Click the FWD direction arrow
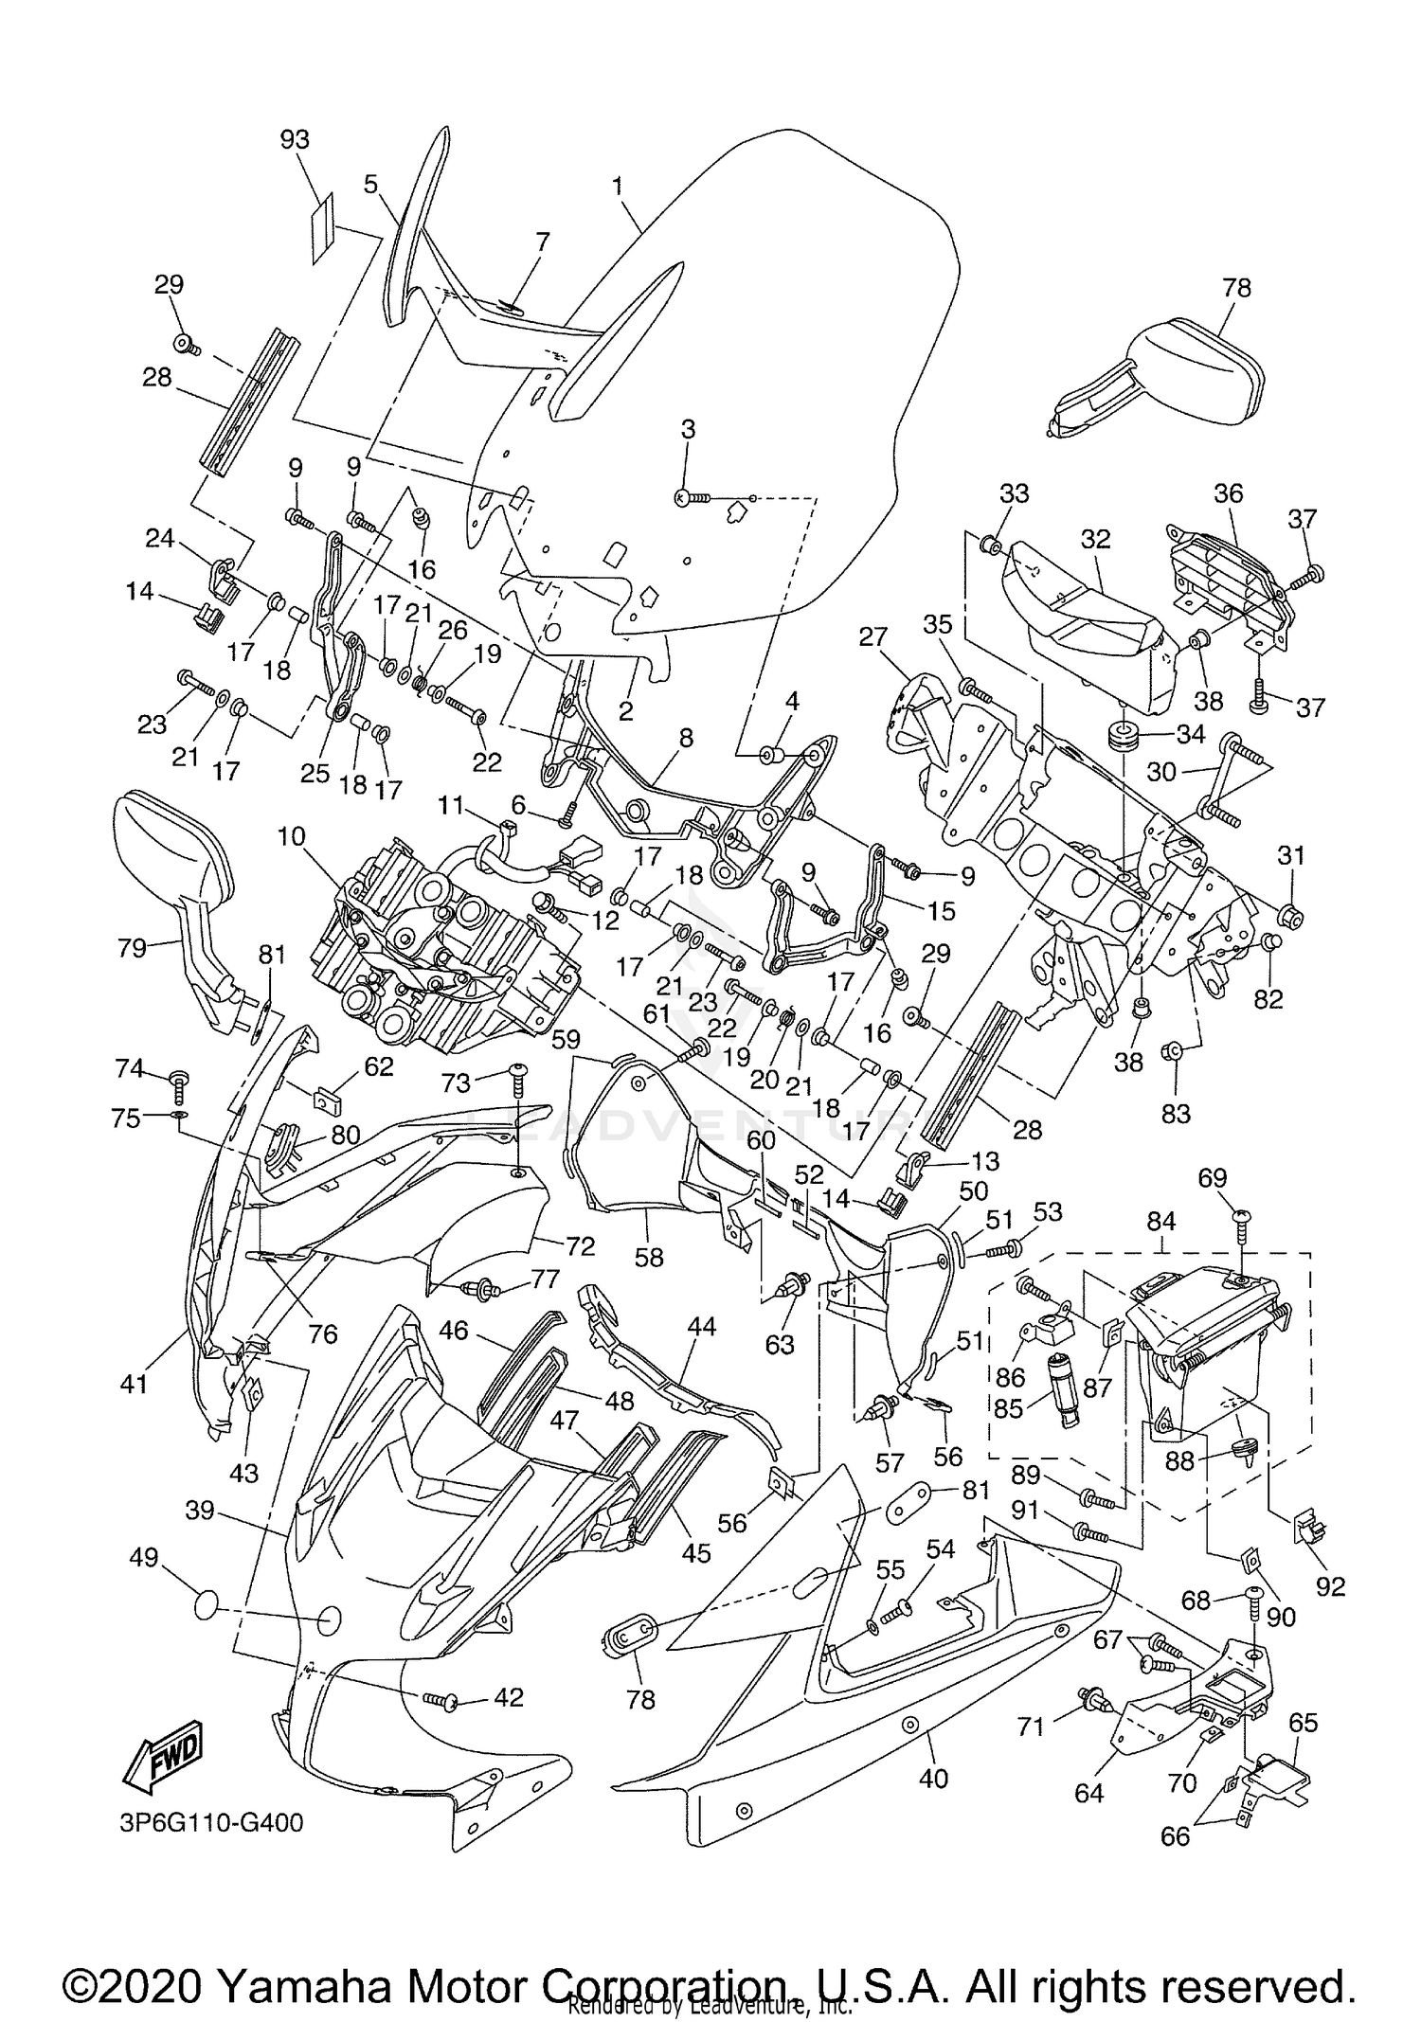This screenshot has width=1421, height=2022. coord(163,1763)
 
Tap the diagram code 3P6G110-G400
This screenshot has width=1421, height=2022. coord(210,1822)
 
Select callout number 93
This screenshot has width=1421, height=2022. coord(295,139)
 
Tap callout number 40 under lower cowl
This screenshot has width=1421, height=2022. coord(933,1779)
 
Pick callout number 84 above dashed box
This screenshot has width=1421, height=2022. coord(1161,1222)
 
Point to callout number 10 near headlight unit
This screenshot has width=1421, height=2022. coord(292,836)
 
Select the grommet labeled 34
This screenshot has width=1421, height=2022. coord(1124,736)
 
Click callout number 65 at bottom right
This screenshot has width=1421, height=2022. coord(1304,1723)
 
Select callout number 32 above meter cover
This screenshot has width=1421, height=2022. coord(1094,538)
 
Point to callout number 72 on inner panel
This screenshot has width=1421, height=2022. coord(580,1246)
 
